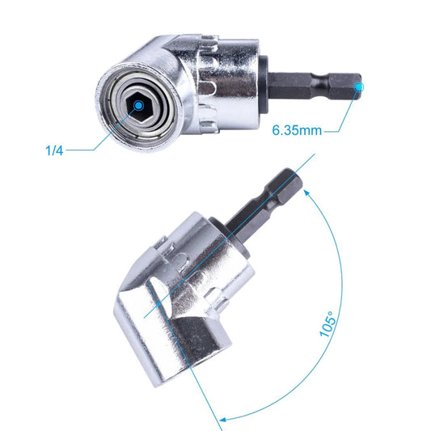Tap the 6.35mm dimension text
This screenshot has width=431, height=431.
[x=298, y=129]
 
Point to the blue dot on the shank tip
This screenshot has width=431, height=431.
[x=359, y=83]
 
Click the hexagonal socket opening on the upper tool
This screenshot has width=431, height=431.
[x=138, y=105]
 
